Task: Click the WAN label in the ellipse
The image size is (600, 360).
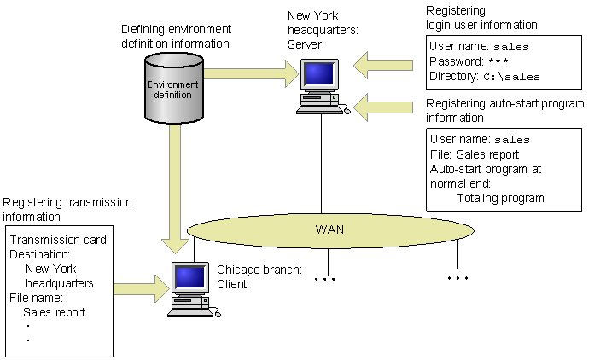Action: (x=329, y=229)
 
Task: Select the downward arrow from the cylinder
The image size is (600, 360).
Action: (x=175, y=188)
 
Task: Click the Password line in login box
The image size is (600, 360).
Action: (x=469, y=62)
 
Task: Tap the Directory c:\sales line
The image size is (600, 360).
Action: (x=485, y=76)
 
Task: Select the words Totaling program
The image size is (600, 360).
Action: (x=498, y=197)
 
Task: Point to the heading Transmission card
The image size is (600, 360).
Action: (x=57, y=240)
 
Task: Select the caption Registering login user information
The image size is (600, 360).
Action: (x=481, y=18)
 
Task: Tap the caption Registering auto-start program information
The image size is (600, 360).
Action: (x=504, y=111)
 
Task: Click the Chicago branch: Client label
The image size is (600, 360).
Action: (x=259, y=276)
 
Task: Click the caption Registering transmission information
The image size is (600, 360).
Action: (x=67, y=209)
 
